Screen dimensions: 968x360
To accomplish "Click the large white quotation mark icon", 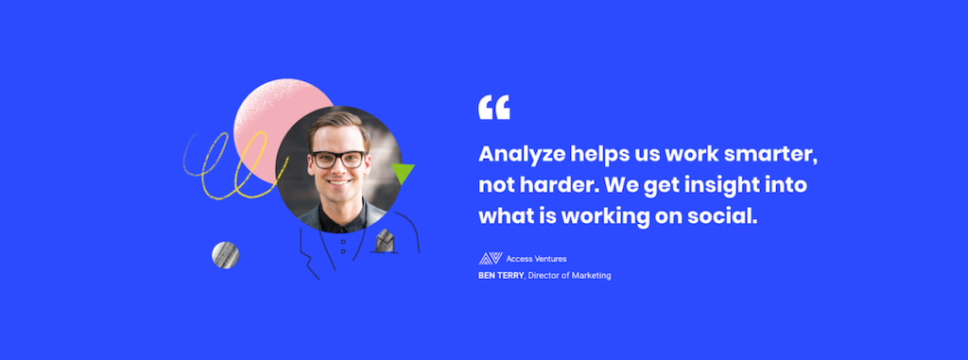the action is pos(493,107).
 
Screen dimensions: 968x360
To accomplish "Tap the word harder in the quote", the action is pos(542,186).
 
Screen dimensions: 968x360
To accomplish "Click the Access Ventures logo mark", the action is pos(491,259).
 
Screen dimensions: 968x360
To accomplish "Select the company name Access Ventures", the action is pos(536,259).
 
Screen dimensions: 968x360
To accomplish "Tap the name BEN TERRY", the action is pos(501,275).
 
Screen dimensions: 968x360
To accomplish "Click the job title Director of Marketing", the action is pos(569,275).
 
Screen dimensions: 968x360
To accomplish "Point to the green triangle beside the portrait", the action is pos(403,174).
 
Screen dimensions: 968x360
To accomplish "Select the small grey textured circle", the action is pos(225,255).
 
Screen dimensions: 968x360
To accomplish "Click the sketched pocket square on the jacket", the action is pos(386,241).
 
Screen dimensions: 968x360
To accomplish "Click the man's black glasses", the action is pos(338,160).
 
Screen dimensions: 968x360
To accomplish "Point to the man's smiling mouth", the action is pos(338,182).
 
